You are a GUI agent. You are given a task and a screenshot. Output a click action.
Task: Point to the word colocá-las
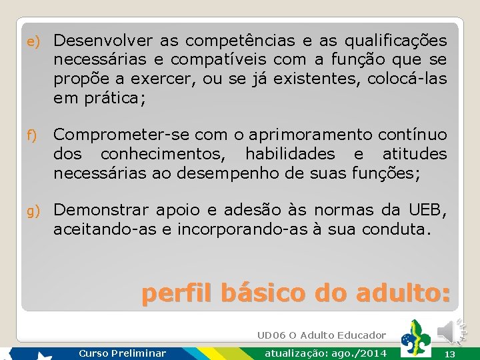click(x=407, y=79)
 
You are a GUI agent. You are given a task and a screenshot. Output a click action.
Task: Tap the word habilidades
click(x=290, y=154)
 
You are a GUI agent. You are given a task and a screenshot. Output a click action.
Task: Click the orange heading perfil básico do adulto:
click(x=295, y=293)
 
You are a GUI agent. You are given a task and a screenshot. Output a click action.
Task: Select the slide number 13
click(x=449, y=354)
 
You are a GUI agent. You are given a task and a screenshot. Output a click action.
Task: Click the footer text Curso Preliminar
click(x=122, y=353)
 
